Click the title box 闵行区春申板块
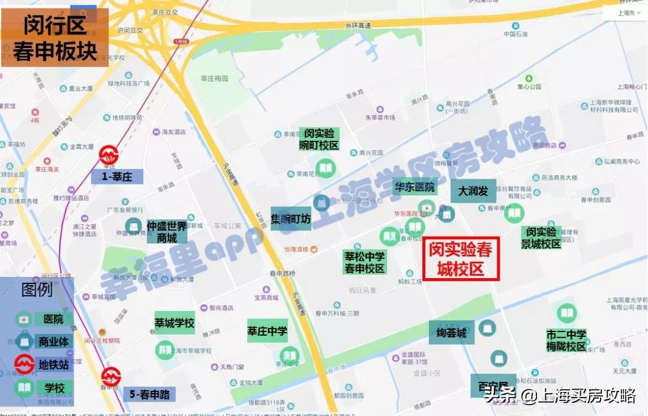pyautogui.click(x=55, y=37)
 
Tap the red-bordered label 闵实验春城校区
pyautogui.click(x=461, y=258)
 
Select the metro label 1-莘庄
pyautogui.click(x=117, y=176)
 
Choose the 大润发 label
pyautogui.click(x=473, y=191)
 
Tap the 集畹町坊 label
pyautogui.click(x=291, y=219)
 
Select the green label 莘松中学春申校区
pyautogui.click(x=364, y=262)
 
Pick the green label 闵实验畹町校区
pyautogui.click(x=319, y=139)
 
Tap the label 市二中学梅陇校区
pyautogui.click(x=566, y=340)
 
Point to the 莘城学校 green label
pyautogui.click(x=175, y=323)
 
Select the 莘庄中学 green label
pyautogui.click(x=268, y=330)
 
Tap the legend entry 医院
pyautogui.click(x=49, y=319)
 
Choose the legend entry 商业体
pyautogui.click(x=53, y=342)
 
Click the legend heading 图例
pyautogui.click(x=37, y=290)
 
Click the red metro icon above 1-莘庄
pyautogui.click(x=109, y=154)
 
